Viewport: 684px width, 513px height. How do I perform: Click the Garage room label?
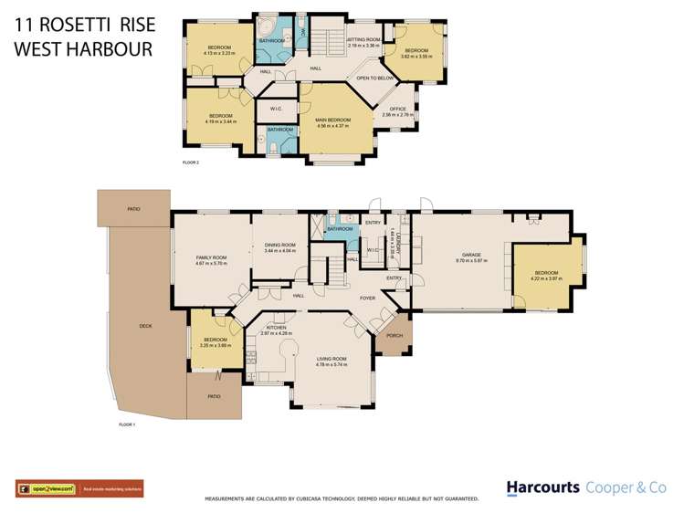pos(472,255)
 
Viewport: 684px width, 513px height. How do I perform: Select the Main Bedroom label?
pos(332,120)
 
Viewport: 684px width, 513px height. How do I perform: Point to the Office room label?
pos(397,110)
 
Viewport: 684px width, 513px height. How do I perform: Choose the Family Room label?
pos(211,258)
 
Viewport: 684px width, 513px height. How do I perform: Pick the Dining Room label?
pos(279,244)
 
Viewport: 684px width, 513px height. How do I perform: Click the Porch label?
pos(395,335)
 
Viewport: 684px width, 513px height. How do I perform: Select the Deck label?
pos(145,325)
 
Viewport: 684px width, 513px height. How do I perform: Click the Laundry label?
pos(398,240)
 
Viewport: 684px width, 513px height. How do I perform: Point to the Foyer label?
pos(367,298)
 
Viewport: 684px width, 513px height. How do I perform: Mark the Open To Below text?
pos(375,79)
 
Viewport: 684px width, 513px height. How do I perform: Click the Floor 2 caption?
pos(191,162)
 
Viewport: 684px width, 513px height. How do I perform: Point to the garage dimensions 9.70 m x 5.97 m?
pos(472,260)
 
